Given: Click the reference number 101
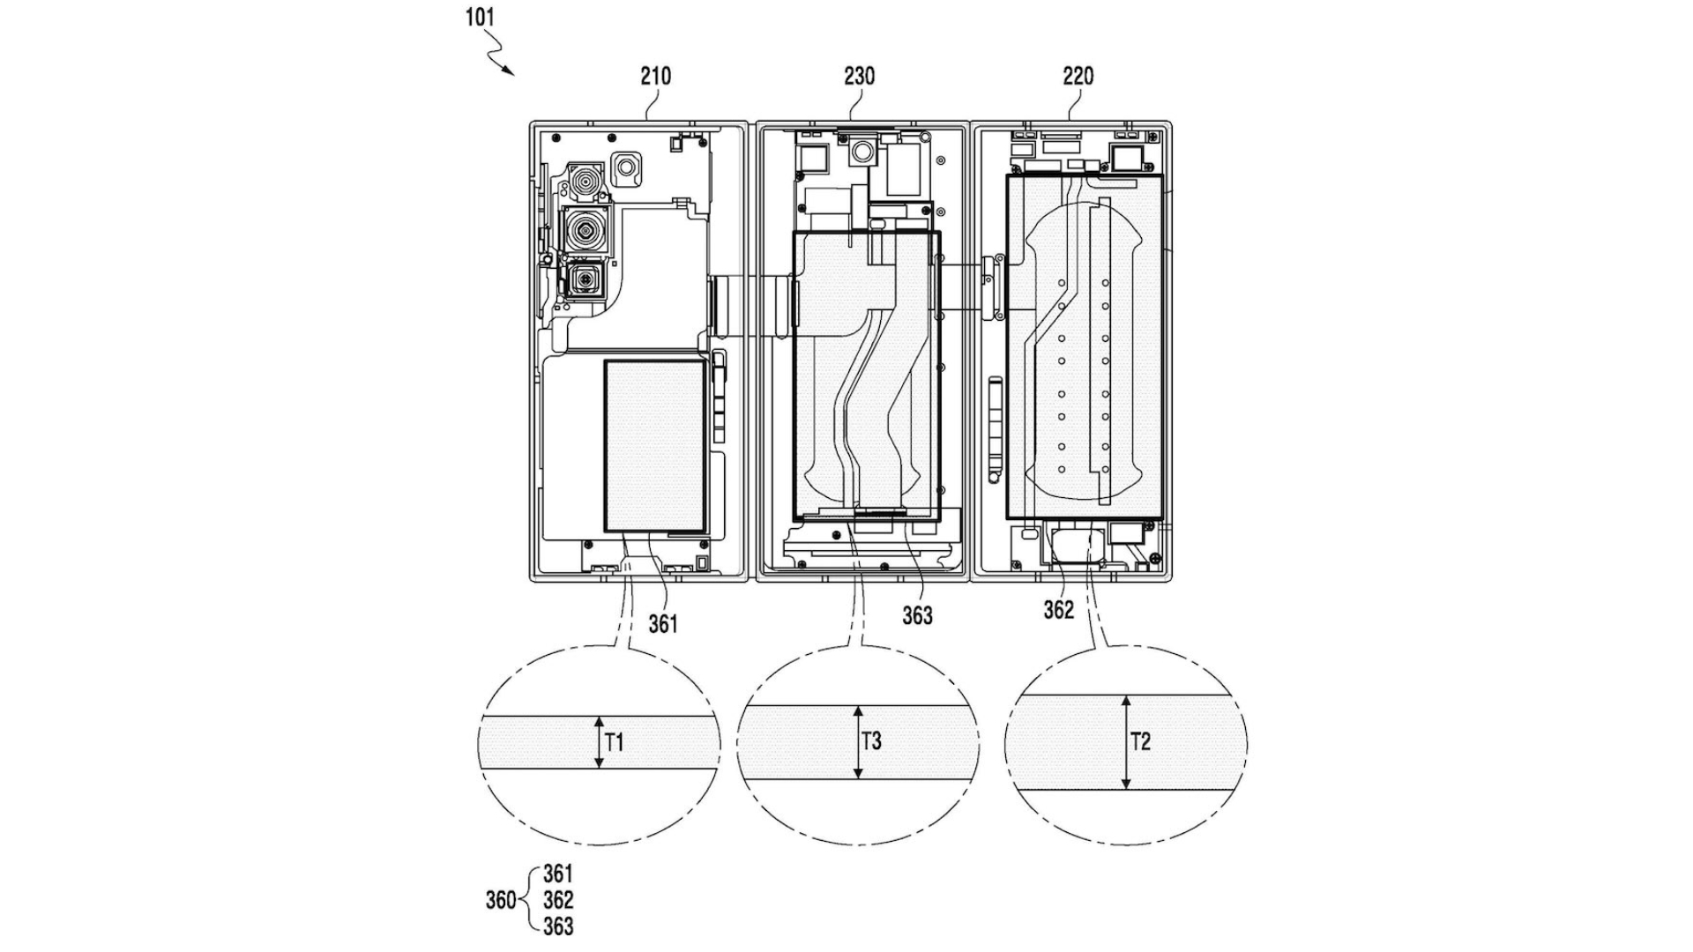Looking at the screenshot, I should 481,17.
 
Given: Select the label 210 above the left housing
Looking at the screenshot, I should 655,77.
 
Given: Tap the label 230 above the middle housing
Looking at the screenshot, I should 859,77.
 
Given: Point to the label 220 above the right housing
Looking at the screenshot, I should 1078,77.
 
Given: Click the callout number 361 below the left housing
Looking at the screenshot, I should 663,624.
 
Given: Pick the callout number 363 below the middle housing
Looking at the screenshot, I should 917,616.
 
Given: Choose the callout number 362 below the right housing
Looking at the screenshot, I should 1058,610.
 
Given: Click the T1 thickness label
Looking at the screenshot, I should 615,743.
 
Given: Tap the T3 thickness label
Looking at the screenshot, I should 871,741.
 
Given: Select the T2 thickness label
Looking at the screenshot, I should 1140,741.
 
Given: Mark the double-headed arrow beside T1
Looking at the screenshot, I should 599,742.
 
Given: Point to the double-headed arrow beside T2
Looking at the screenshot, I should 1125,742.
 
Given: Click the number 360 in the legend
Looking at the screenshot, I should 501,901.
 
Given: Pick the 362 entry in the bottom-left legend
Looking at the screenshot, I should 557,900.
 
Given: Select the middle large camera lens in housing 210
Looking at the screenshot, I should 585,230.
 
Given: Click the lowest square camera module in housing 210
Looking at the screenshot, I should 582,280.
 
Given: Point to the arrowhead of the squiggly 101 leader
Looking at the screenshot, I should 511,73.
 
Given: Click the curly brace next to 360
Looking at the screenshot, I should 531,900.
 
